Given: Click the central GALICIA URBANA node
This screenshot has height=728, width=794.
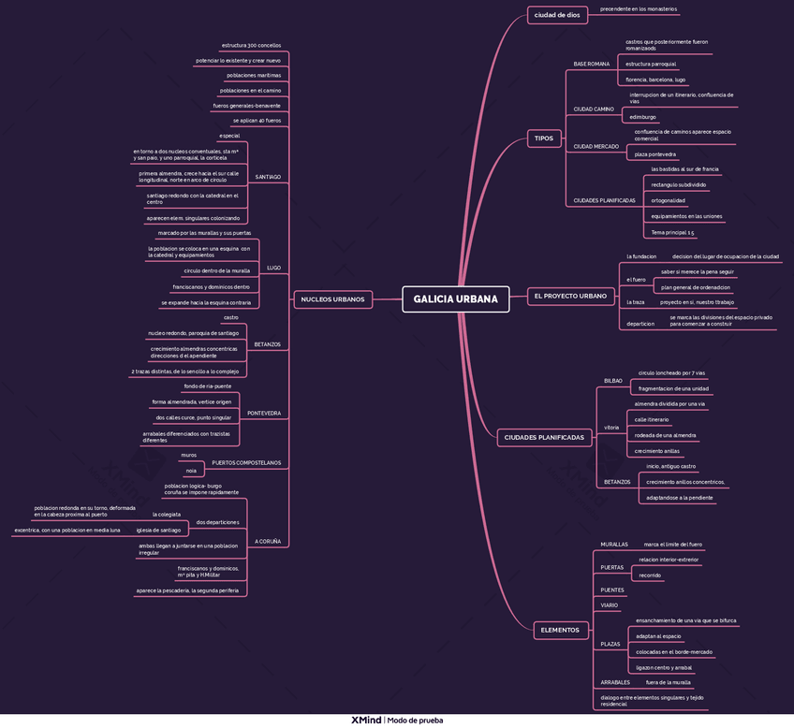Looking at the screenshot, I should click(x=455, y=299).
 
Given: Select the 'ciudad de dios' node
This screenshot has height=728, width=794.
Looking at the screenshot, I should click(x=555, y=15).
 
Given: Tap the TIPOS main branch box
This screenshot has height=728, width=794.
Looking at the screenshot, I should click(x=543, y=138).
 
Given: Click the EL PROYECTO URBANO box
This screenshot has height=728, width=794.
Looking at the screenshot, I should click(x=569, y=297).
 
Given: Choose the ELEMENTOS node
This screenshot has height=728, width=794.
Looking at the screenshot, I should click(x=560, y=631).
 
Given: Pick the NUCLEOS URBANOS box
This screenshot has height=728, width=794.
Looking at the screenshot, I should click(x=333, y=299).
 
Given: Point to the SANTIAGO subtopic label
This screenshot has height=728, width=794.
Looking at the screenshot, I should click(x=268, y=177).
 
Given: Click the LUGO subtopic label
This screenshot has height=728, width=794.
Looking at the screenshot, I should click(x=273, y=268).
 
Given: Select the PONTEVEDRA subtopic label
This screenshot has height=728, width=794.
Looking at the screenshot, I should click(x=263, y=413).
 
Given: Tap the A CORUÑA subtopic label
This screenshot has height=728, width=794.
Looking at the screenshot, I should click(x=267, y=542).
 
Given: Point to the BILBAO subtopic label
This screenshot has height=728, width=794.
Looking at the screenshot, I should click(x=612, y=381).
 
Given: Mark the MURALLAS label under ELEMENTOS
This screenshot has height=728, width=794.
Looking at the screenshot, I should click(x=614, y=544).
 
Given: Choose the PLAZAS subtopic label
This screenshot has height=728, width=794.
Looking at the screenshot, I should click(x=610, y=644).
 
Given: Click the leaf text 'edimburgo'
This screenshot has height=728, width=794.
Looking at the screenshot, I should click(x=643, y=117).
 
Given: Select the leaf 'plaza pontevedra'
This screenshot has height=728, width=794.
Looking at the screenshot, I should click(x=654, y=154).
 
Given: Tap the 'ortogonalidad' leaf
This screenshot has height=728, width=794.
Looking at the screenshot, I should click(x=669, y=200).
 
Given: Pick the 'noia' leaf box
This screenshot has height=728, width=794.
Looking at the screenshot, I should click(x=191, y=471).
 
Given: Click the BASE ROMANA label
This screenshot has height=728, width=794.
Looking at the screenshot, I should click(x=591, y=64).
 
